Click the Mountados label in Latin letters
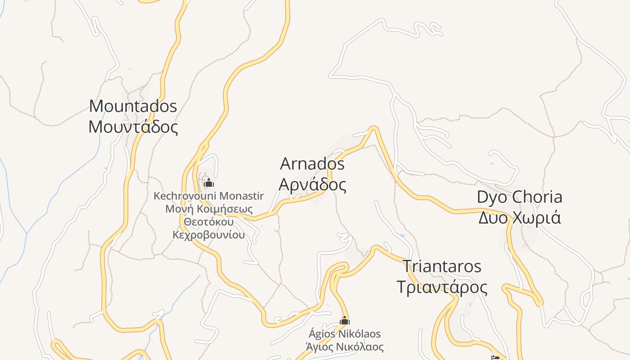(133, 106)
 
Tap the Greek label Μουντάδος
(133, 127)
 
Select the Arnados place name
(312, 164)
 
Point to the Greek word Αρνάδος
(312, 184)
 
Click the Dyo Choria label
(519, 197)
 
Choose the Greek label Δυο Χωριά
(519, 218)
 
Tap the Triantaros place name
(441, 266)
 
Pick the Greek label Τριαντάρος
(441, 287)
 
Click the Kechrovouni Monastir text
(208, 196)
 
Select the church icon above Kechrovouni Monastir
(209, 183)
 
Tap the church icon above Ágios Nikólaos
(345, 321)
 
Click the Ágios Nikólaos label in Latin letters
(345, 334)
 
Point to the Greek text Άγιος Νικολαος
(345, 347)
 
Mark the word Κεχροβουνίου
(209, 235)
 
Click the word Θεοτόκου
(209, 222)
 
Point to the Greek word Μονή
(175, 209)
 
